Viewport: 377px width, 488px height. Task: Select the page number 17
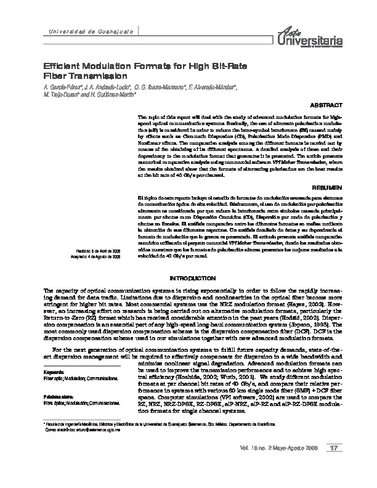335,464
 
